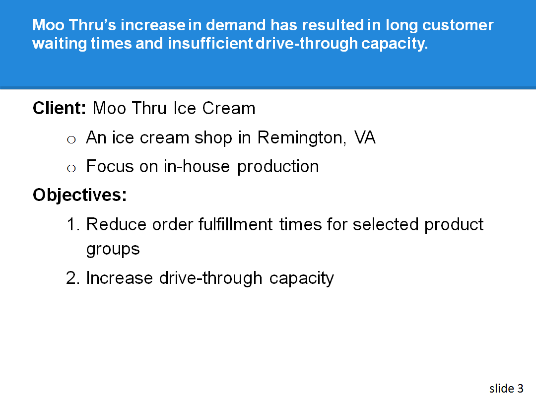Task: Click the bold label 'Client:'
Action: pyautogui.click(x=60, y=108)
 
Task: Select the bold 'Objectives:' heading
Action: pyautogui.click(x=80, y=195)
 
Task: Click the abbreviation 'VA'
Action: pyautogui.click(x=365, y=137)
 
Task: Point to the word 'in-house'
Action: pyautogui.click(x=197, y=166)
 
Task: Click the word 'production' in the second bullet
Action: pyautogui.click(x=278, y=167)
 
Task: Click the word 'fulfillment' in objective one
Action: pyautogui.click(x=235, y=224)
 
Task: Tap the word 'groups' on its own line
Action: pyautogui.click(x=113, y=249)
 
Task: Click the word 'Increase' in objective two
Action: pyautogui.click(x=120, y=278)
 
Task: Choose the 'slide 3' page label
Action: pyautogui.click(x=506, y=388)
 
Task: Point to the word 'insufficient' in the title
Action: pyautogui.click(x=210, y=44)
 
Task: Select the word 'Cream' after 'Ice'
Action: pyautogui.click(x=232, y=108)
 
